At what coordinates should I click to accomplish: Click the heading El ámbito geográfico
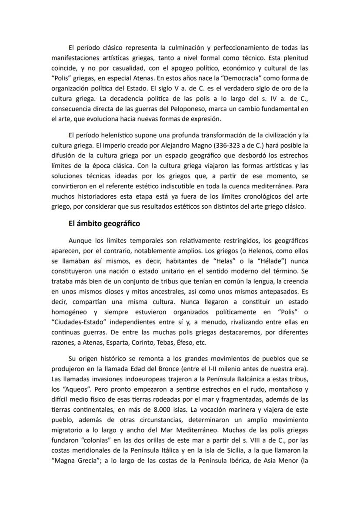pos(104,224)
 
